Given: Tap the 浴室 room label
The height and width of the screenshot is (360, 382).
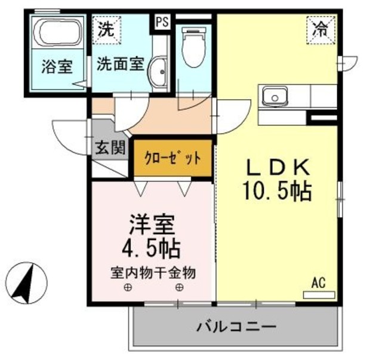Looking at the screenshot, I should [x=57, y=66].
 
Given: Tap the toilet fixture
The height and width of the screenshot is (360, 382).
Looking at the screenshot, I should [x=193, y=47].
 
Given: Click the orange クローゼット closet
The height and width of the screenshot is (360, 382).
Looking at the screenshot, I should [x=172, y=159].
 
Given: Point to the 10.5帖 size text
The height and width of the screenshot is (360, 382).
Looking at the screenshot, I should [x=276, y=190].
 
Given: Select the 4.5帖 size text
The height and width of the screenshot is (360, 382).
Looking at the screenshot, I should [x=152, y=249].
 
